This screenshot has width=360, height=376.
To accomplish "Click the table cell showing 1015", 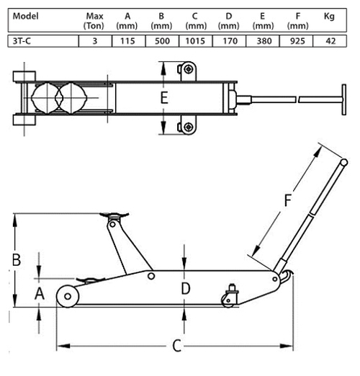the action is coord(195,41).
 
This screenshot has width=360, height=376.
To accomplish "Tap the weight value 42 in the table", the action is coord(330,41).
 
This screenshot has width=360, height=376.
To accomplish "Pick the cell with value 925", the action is coord(297,41).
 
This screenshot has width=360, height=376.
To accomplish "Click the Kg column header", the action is coord(329,17).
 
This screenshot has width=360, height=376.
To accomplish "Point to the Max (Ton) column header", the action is coord(94,21).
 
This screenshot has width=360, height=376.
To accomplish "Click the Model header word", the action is coord(25,16).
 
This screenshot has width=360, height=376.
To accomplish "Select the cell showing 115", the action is coord(127,41).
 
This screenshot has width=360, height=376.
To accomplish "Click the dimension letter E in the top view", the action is coord(164,98).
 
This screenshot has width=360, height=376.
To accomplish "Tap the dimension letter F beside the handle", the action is coord(288,200).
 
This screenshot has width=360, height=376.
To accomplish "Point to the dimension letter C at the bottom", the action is coord(177,346).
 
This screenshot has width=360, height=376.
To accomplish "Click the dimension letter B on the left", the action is coord(17,259).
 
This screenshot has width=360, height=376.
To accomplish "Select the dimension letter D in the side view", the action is coord(186,289).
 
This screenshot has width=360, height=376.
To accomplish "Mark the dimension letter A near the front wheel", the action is coord(40,294).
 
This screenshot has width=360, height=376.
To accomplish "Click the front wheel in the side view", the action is coord(68,296).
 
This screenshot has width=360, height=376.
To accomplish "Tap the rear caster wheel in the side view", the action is coord(228,300).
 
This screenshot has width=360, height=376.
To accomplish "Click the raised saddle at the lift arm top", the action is coord(114,215).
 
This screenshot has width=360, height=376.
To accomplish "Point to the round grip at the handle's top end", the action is coord(344,163).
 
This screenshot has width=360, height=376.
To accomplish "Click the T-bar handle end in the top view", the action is coord(344,99).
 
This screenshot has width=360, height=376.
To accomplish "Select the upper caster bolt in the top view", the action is coord(189,69).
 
